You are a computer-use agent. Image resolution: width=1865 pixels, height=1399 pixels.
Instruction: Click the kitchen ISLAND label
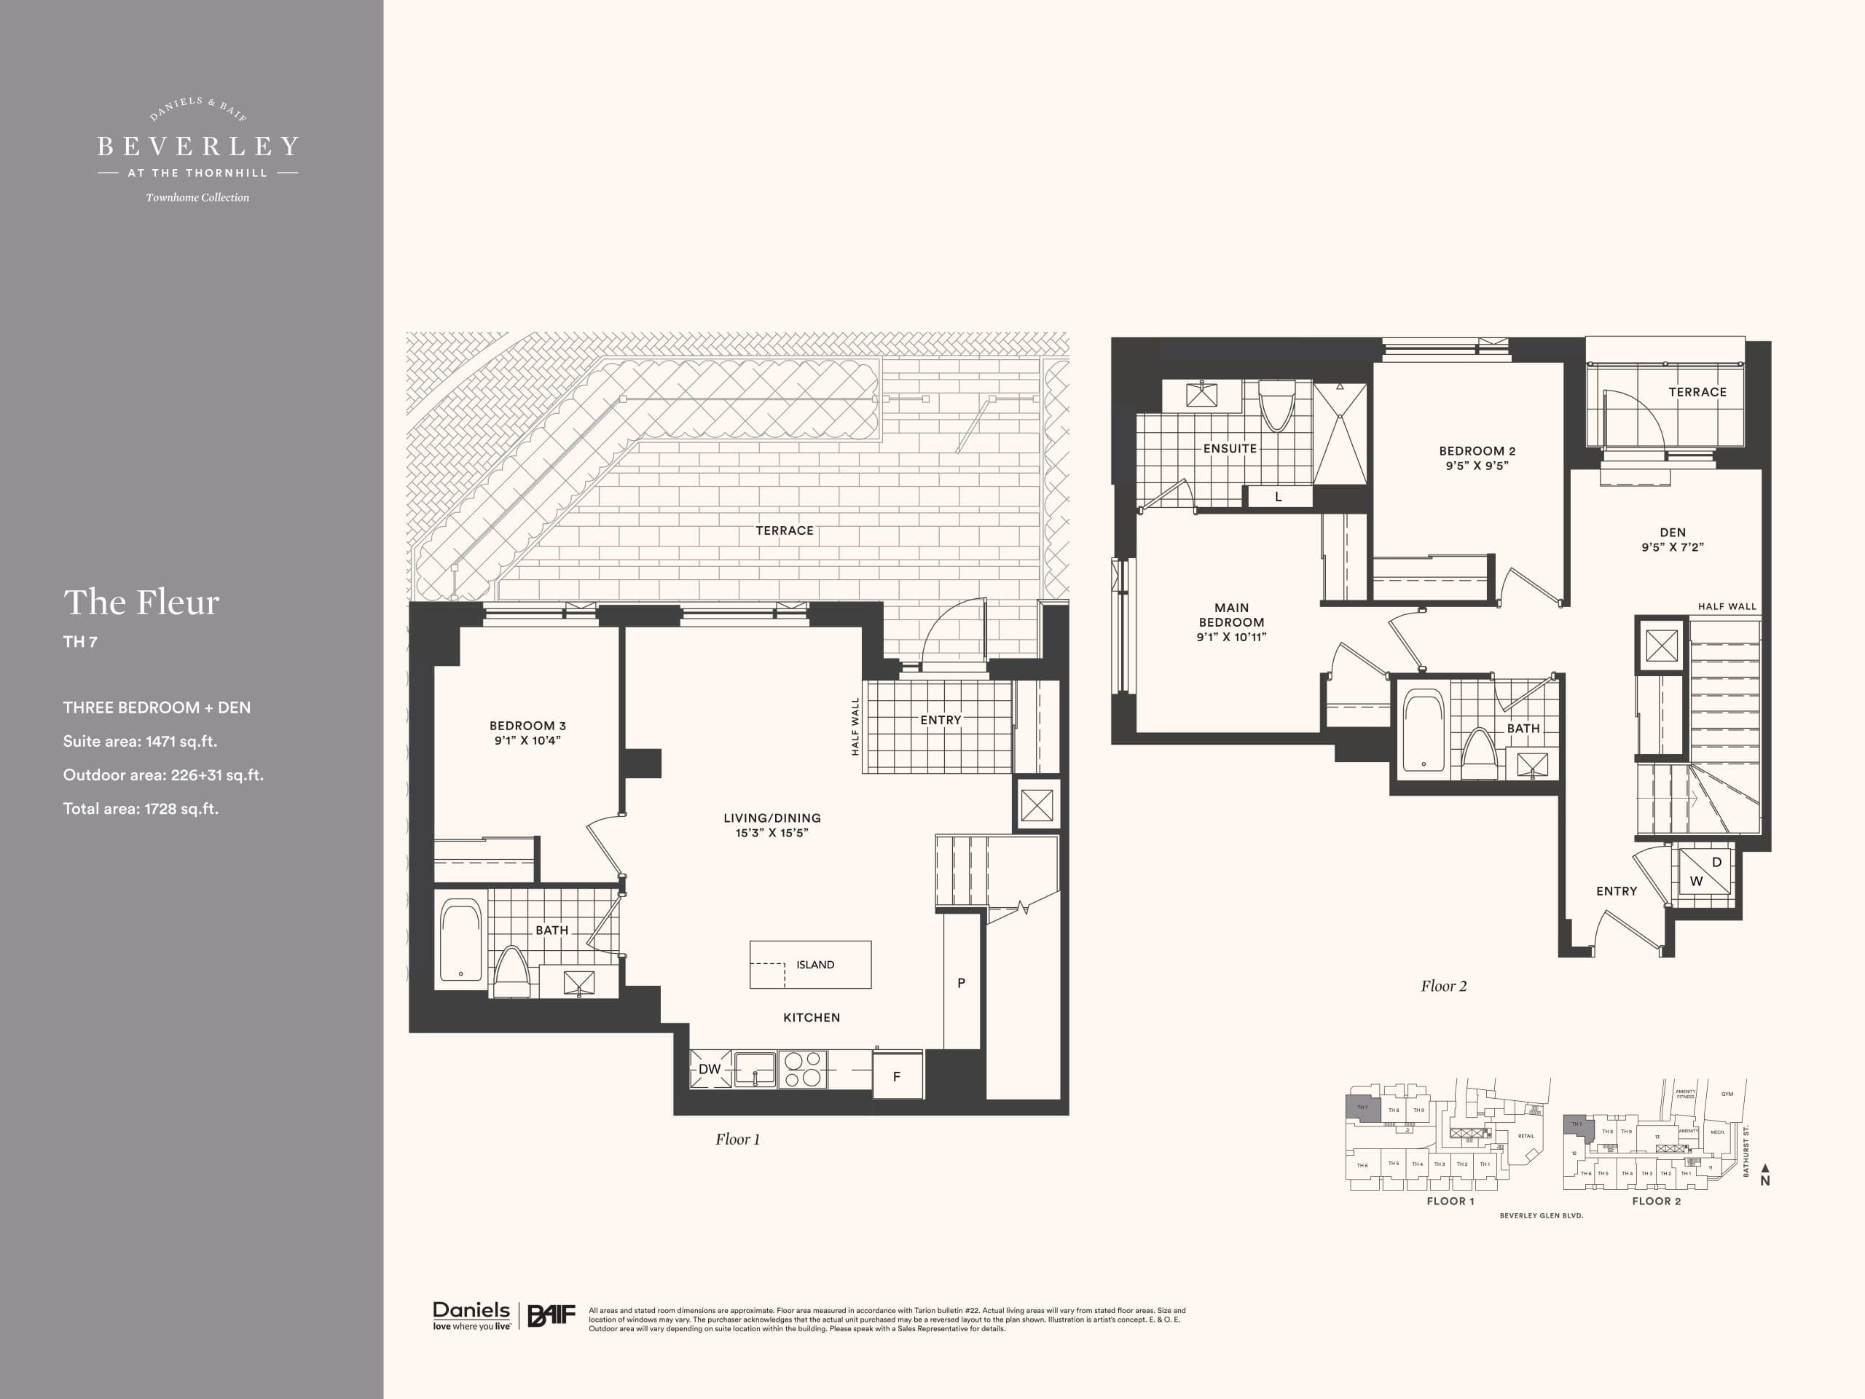pyautogui.click(x=814, y=965)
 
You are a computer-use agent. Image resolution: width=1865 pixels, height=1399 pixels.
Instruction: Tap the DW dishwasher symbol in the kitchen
pyautogui.click(x=710, y=1069)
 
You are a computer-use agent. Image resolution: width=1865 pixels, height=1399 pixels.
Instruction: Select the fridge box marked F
pyautogui.click(x=896, y=1076)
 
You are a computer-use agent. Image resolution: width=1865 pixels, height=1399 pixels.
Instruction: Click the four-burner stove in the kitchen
pyautogui.click(x=802, y=1069)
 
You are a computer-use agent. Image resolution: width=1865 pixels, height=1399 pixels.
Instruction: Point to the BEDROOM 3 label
pyautogui.click(x=527, y=725)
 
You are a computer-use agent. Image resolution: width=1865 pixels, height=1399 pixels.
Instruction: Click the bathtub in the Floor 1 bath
pyautogui.click(x=460, y=941)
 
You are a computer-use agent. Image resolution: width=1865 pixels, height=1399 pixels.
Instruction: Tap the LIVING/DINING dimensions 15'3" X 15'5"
pyautogui.click(x=771, y=833)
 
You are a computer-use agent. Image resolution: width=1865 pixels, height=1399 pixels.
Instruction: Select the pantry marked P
pyautogui.click(x=961, y=982)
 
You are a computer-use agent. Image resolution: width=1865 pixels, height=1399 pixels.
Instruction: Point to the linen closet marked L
pyautogui.click(x=1279, y=497)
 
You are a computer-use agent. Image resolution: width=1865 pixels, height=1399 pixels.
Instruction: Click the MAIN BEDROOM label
pyautogui.click(x=1231, y=615)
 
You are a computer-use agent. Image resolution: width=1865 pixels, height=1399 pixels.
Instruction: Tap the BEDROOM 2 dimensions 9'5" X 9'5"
pyautogui.click(x=1477, y=466)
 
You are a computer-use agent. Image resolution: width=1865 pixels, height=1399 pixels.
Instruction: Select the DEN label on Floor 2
pyautogui.click(x=1673, y=532)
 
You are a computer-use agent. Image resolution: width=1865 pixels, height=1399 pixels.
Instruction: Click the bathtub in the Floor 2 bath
pyautogui.click(x=1424, y=731)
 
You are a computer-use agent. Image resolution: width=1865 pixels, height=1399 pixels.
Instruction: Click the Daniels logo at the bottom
pyautogui.click(x=471, y=1314)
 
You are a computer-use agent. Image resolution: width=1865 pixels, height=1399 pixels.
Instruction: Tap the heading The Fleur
pyautogui.click(x=141, y=602)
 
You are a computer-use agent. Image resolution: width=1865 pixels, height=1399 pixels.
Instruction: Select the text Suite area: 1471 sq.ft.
pyautogui.click(x=140, y=741)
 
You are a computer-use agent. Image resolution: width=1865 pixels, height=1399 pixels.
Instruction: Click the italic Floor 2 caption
pyautogui.click(x=1443, y=986)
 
